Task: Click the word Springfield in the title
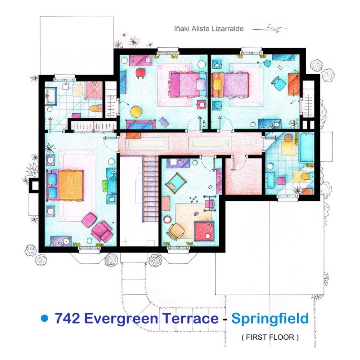[x=270, y=319]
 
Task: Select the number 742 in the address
[x=68, y=319]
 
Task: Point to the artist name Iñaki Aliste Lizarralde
[x=209, y=28]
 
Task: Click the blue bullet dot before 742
[x=44, y=318]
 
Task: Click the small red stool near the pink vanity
[x=140, y=73]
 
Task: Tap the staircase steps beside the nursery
[x=151, y=189]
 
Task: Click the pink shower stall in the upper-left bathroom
[x=94, y=90]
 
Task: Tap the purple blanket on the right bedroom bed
[x=235, y=84]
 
